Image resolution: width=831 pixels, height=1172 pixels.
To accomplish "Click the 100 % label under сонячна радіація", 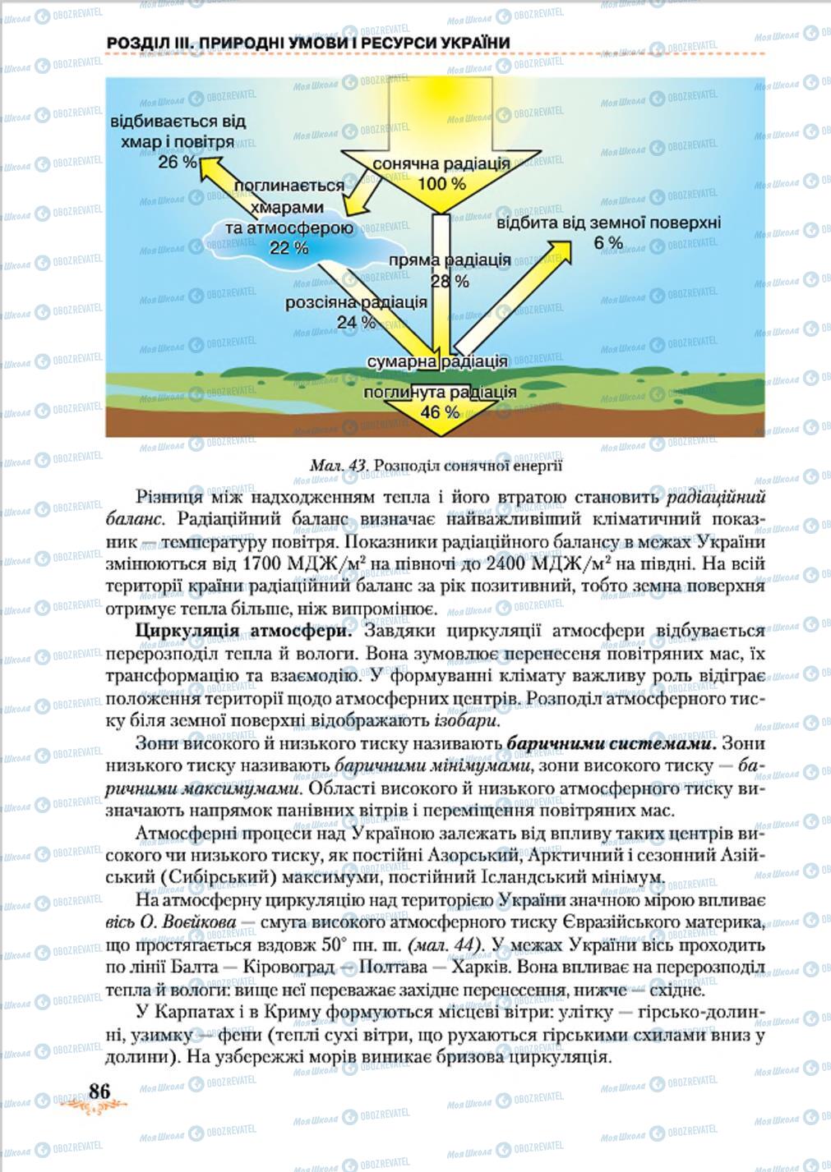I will [441, 184].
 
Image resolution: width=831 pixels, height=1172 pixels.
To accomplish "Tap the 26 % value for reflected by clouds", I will [178, 162].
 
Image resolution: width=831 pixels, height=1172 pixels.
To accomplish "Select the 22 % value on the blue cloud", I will [289, 247].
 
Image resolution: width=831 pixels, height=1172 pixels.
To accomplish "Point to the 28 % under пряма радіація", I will [450, 282].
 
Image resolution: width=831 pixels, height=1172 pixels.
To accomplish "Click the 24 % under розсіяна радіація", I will [356, 322].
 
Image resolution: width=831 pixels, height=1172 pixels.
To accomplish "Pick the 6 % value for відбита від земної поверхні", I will [608, 243].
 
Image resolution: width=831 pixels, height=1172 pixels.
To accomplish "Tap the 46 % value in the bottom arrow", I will [440, 412].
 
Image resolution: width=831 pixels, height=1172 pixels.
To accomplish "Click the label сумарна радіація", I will [436, 361].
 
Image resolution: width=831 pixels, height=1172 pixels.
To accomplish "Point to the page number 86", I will [99, 1091].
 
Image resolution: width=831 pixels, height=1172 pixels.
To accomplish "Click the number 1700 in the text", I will [265, 564].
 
